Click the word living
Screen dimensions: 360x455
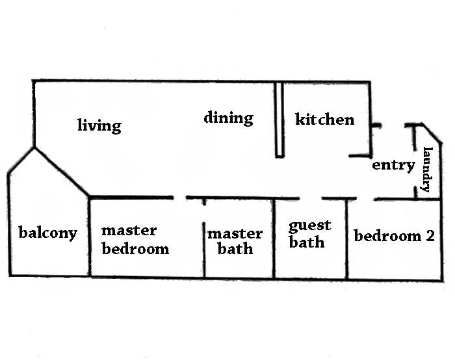pos(99,125)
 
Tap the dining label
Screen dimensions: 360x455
pos(228,118)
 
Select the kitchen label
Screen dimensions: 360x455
pos(325,120)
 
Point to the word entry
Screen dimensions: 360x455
pos(393,165)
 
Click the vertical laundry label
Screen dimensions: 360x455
pos(427,170)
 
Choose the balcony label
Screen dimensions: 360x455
pos(47,233)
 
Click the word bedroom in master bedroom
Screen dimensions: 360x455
pos(135,248)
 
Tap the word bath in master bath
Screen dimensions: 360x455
pos(235,249)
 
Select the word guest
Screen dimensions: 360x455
pos(310,226)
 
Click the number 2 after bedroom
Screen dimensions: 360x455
pos(429,235)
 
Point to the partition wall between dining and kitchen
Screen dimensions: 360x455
pos(279,120)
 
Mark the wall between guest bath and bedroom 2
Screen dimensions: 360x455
pos(347,239)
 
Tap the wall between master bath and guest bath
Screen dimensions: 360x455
pos(274,239)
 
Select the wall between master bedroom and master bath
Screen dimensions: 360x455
pos(204,240)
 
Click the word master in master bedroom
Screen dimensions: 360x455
pos(129,230)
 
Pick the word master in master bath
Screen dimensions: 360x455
pos(235,234)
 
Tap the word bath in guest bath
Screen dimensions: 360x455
pos(307,242)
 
